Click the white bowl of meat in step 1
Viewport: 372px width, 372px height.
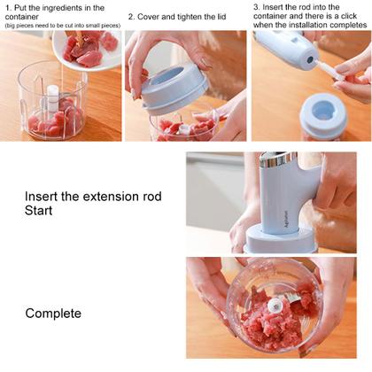pos(89,49)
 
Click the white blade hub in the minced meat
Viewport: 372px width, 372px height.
pos(277,305)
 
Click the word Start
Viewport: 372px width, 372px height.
pos(39,211)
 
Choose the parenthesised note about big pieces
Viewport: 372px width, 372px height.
pos(61,26)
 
